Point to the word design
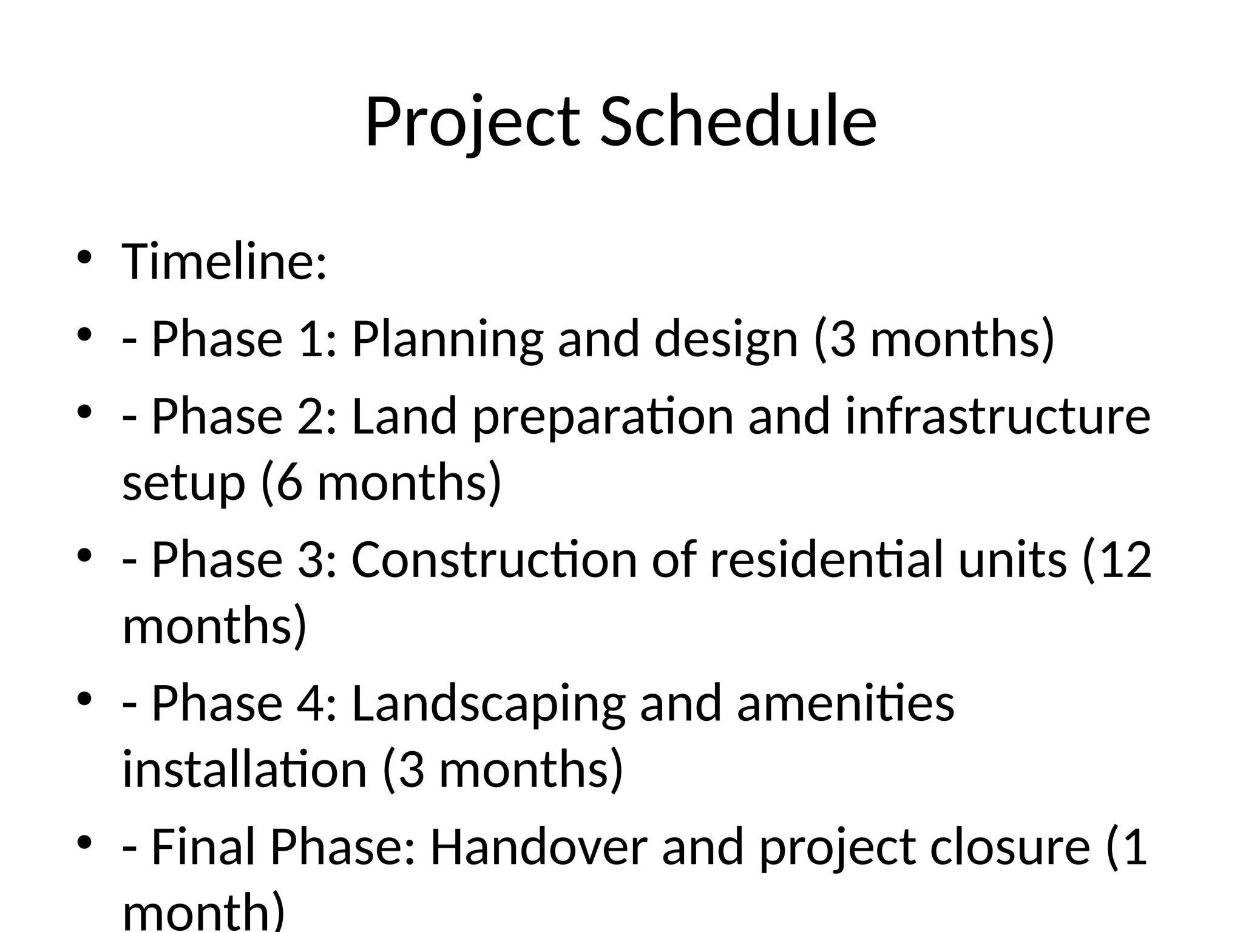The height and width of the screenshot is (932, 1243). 726,340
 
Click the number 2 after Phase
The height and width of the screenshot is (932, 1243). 312,416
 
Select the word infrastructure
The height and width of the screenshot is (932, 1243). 998,416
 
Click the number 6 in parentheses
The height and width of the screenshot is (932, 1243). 290,483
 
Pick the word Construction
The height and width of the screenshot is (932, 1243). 494,559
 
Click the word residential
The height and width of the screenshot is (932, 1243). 827,559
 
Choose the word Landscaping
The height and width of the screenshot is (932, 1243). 489,704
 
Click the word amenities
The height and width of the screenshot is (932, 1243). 845,704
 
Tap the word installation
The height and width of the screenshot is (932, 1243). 245,769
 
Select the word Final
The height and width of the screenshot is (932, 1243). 203,847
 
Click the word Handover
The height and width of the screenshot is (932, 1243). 539,847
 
